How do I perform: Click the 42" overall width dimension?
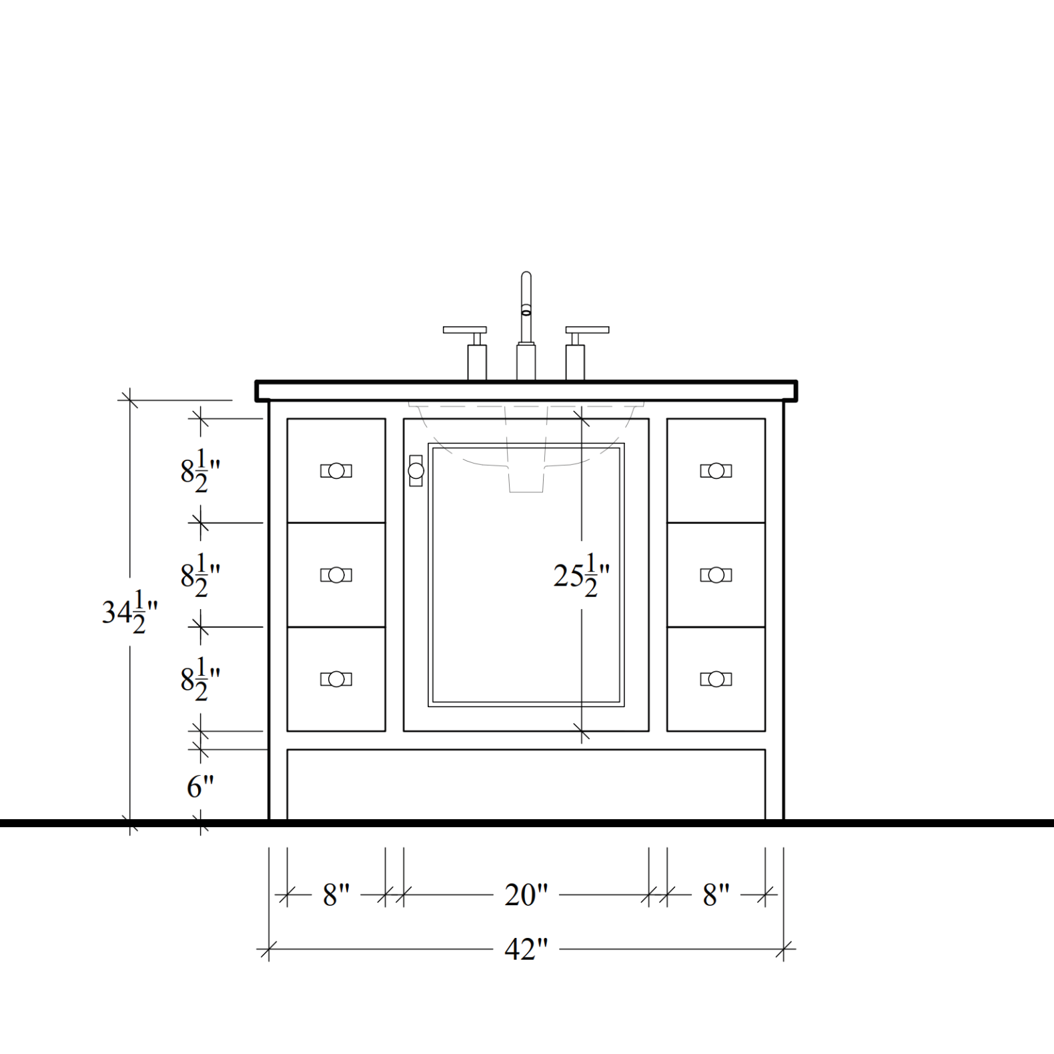(x=526, y=949)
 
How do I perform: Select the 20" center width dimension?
(x=526, y=895)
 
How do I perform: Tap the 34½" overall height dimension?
(x=130, y=612)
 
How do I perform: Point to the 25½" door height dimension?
(x=582, y=575)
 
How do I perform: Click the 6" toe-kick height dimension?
(x=200, y=786)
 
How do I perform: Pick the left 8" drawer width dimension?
(x=336, y=895)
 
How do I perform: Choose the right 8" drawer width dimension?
(x=716, y=895)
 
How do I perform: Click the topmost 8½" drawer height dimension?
(x=200, y=471)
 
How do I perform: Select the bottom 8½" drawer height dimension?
(x=200, y=679)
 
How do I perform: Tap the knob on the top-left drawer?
(x=336, y=471)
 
